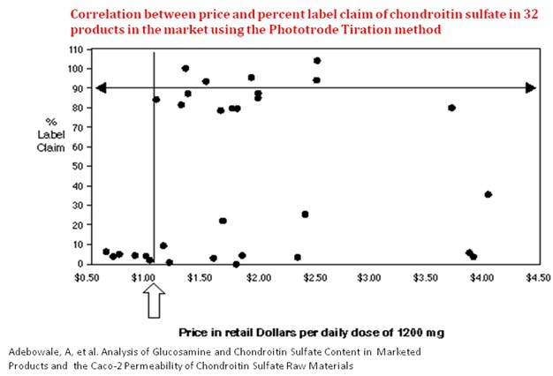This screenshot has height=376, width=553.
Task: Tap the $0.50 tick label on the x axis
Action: (86, 278)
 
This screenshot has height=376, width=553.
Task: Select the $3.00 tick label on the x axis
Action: (369, 278)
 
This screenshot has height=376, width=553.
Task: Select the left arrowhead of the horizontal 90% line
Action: (102, 87)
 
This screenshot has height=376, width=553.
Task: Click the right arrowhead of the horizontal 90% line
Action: (530, 87)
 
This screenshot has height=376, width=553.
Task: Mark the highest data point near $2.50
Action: (316, 61)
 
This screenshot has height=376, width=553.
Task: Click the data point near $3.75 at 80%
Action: (451, 108)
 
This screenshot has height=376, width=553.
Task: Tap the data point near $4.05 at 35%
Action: (488, 194)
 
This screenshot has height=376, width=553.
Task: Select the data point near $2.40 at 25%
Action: (305, 214)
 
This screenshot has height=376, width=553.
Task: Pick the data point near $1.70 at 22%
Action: (223, 221)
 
